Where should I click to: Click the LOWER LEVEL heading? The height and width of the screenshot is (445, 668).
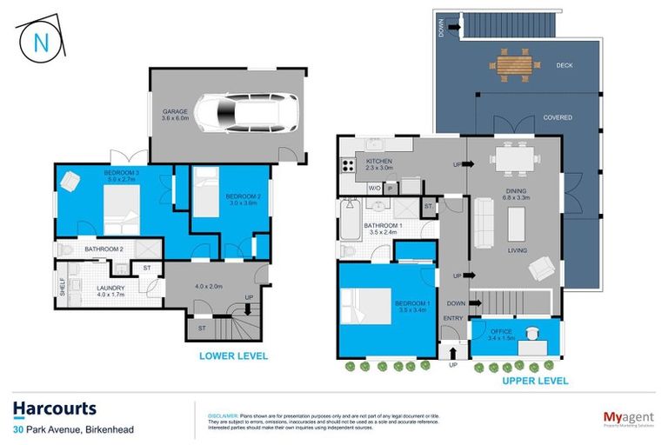coord(233,355)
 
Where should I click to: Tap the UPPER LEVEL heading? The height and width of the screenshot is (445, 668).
coord(534,381)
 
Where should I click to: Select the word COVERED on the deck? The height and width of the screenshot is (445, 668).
coord(558,118)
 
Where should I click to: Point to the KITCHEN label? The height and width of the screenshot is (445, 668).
coord(380,164)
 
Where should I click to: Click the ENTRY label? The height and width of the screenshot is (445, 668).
coord(452,319)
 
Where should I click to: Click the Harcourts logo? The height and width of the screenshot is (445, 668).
coord(55,409)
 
